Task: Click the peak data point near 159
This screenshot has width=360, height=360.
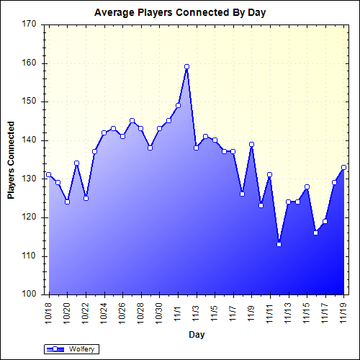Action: (x=186, y=66)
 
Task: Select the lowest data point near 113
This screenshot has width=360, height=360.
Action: (x=279, y=244)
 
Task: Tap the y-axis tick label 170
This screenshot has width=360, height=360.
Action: (x=29, y=24)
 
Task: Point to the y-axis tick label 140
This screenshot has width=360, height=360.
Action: (x=29, y=140)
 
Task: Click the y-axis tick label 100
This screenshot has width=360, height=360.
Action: (x=29, y=294)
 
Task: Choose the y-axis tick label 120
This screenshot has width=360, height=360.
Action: (x=29, y=217)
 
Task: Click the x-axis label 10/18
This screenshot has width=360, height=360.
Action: (x=49, y=312)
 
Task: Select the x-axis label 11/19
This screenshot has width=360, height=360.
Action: (x=344, y=312)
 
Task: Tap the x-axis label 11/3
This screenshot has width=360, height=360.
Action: (x=197, y=311)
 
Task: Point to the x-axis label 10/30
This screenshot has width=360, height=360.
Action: (x=159, y=312)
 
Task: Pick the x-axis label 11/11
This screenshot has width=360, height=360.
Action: (x=270, y=312)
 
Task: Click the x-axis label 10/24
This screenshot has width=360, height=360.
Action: (x=104, y=312)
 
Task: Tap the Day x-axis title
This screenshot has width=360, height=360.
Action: (x=196, y=334)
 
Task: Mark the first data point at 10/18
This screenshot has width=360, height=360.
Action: (x=49, y=174)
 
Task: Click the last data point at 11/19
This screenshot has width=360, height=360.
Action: (x=344, y=167)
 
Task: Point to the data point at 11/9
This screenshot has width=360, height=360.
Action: (x=251, y=144)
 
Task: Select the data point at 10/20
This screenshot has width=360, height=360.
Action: (x=68, y=202)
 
